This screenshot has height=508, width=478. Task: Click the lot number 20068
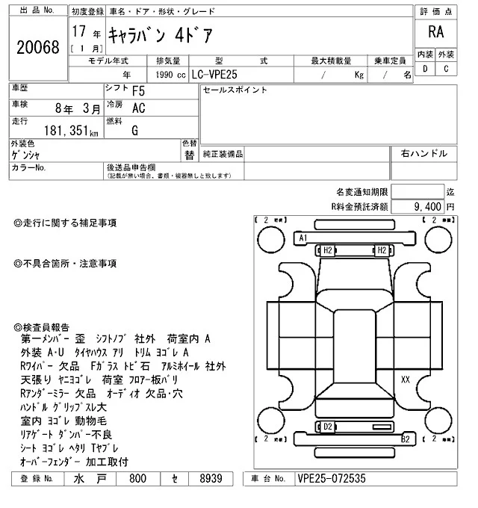37,48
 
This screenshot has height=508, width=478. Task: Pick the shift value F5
139,93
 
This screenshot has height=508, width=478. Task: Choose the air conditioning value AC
138,108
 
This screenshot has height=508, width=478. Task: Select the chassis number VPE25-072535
332,479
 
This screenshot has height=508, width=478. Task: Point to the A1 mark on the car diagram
303,238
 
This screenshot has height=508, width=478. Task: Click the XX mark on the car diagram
406,380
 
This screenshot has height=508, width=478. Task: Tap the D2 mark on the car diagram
327,426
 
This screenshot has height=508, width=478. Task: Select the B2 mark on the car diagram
406,439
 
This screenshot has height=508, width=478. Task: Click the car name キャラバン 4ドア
158,34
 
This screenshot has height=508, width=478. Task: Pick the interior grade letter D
425,69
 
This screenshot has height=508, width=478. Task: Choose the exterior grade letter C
446,69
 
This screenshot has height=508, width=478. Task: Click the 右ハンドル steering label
424,154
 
